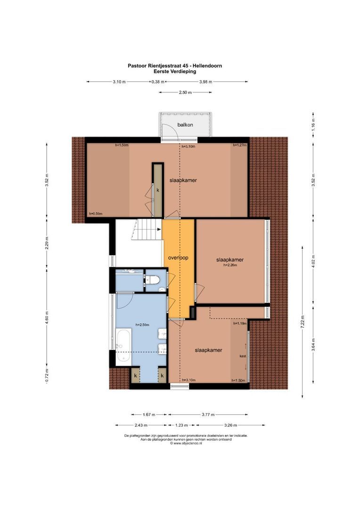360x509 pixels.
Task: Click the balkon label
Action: (184, 124)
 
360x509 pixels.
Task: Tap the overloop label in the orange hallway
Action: (178, 258)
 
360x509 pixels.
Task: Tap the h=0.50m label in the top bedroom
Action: (96, 214)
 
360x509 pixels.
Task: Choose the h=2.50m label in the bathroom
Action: (142, 324)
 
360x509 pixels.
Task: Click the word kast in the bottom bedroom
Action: (243, 356)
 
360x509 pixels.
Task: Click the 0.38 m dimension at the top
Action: (157, 82)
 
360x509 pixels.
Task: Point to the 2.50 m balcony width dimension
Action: (185, 92)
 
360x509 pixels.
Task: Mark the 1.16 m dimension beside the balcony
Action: (313, 124)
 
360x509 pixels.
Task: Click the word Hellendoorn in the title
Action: (206, 66)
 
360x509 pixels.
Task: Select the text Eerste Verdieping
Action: (174, 71)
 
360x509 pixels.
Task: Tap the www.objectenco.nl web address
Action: (184, 443)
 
